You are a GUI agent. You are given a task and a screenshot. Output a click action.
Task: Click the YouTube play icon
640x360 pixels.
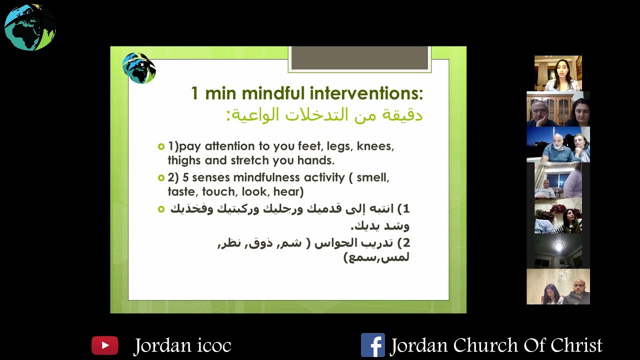pyautogui.click(x=105, y=345)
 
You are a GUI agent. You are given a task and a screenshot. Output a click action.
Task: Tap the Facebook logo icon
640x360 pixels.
pyautogui.click(x=372, y=345)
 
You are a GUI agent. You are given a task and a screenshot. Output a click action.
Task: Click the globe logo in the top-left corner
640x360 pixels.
pyautogui.click(x=30, y=27)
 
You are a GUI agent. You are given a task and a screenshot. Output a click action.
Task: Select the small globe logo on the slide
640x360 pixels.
pyautogui.click(x=139, y=68)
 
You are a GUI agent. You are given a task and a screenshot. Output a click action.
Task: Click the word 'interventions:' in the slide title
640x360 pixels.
pyautogui.click(x=367, y=93)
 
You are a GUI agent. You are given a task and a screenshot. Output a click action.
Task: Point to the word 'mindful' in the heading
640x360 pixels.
pyautogui.click(x=273, y=93)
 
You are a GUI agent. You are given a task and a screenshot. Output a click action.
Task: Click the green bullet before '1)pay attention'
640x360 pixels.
pyautogui.click(x=161, y=146)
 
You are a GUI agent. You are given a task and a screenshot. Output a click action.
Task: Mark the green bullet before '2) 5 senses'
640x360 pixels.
pyautogui.click(x=161, y=177)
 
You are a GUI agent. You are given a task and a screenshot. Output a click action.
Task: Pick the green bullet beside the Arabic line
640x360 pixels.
pyautogui.click(x=161, y=209)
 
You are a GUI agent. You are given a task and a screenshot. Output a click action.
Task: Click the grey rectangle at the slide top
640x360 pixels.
pyautogui.click(x=359, y=58)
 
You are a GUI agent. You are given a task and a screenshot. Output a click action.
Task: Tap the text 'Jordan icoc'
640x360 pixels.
pyautogui.click(x=182, y=345)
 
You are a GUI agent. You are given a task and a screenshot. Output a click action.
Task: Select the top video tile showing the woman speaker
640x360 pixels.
pyautogui.click(x=558, y=73)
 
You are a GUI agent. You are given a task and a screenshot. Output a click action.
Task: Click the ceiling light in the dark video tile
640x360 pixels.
pyautogui.click(x=558, y=246)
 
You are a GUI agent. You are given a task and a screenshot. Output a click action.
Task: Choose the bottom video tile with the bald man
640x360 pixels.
pyautogui.click(x=558, y=286)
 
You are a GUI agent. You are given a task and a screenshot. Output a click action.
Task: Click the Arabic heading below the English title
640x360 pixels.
pyautogui.click(x=324, y=115)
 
